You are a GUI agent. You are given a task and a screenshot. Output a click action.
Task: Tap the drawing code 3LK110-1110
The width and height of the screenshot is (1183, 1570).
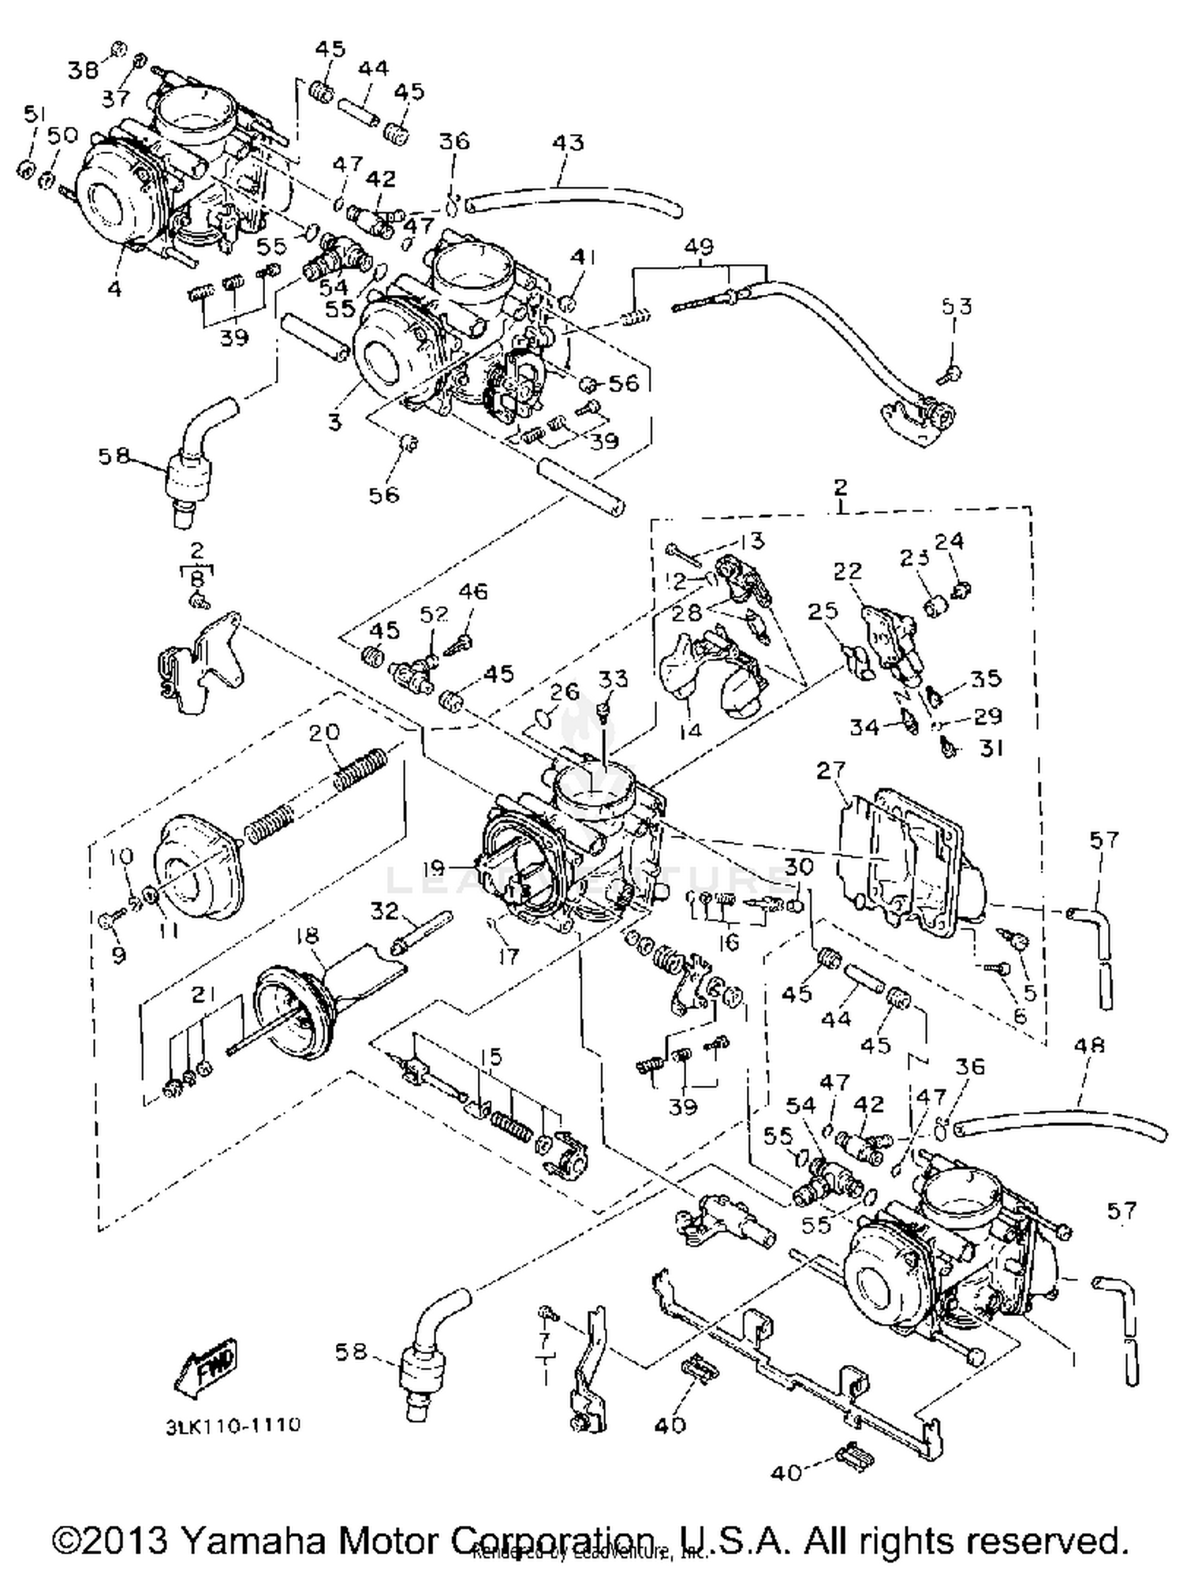tap(233, 1426)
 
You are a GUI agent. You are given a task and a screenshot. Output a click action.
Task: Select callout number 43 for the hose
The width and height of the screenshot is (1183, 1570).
tap(568, 143)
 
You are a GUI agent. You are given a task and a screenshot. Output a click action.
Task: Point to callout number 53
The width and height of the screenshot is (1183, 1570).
tap(956, 306)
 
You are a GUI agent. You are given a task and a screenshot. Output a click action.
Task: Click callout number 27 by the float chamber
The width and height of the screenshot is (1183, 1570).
tap(831, 770)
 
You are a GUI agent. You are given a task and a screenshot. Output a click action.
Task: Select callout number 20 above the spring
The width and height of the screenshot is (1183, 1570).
tap(324, 732)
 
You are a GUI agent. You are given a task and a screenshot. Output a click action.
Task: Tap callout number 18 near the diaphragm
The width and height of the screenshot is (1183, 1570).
tap(307, 935)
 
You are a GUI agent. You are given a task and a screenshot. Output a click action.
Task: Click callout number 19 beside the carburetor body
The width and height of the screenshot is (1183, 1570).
tap(434, 868)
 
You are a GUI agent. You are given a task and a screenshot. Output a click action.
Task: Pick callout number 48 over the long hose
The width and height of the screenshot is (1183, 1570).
tap(1089, 1046)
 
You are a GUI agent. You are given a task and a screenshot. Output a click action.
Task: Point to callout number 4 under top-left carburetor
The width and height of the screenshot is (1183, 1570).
tap(115, 289)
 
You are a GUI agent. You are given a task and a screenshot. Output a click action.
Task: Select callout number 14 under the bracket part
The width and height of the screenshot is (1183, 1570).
tap(689, 730)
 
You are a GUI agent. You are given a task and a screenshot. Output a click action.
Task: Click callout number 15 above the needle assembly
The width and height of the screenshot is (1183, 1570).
tap(491, 1056)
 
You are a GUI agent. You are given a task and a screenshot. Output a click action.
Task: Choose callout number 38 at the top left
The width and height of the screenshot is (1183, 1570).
tap(82, 71)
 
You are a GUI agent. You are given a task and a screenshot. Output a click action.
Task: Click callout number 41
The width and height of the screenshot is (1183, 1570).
tap(584, 257)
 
